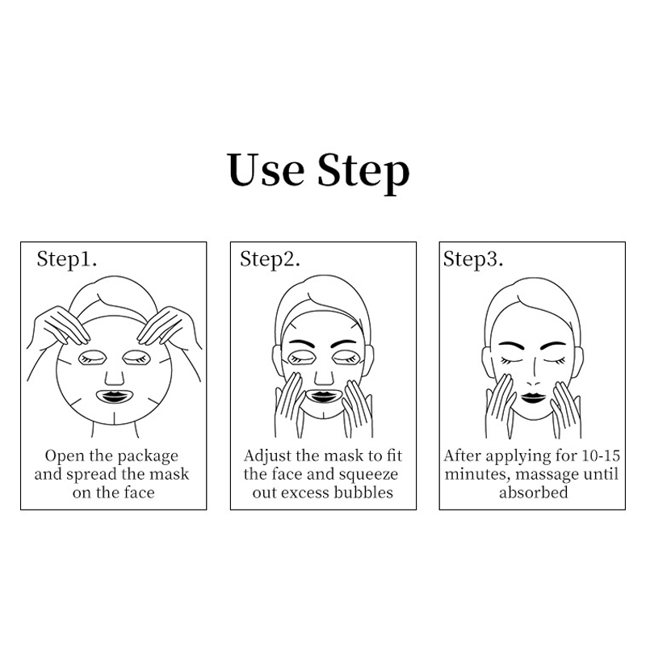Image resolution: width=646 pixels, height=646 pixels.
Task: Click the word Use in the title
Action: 266,170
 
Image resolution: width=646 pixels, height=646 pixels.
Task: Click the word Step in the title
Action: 363,173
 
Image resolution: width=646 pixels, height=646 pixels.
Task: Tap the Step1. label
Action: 67,260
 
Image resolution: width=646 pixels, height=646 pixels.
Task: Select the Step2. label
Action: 270,260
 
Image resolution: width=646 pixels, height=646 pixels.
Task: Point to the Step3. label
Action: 473,260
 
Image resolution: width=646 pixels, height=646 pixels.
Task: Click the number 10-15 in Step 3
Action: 600,455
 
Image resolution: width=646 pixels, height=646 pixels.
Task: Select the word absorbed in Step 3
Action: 534,493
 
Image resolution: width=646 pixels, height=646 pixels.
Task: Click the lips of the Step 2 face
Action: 324,396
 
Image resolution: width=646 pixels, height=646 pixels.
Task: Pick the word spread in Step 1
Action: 91,475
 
